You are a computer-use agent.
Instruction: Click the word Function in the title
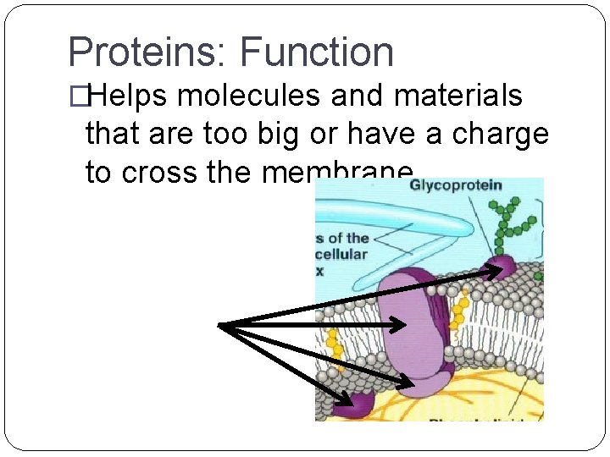(318, 52)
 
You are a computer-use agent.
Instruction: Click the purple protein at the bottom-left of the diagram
(354, 405)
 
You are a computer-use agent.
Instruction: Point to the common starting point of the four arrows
(220, 325)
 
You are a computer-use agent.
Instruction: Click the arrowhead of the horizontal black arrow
(403, 324)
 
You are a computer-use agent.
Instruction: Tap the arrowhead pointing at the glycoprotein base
(496, 271)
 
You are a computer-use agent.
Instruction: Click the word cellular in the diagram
(341, 254)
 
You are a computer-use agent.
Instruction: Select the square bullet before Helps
(77, 97)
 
